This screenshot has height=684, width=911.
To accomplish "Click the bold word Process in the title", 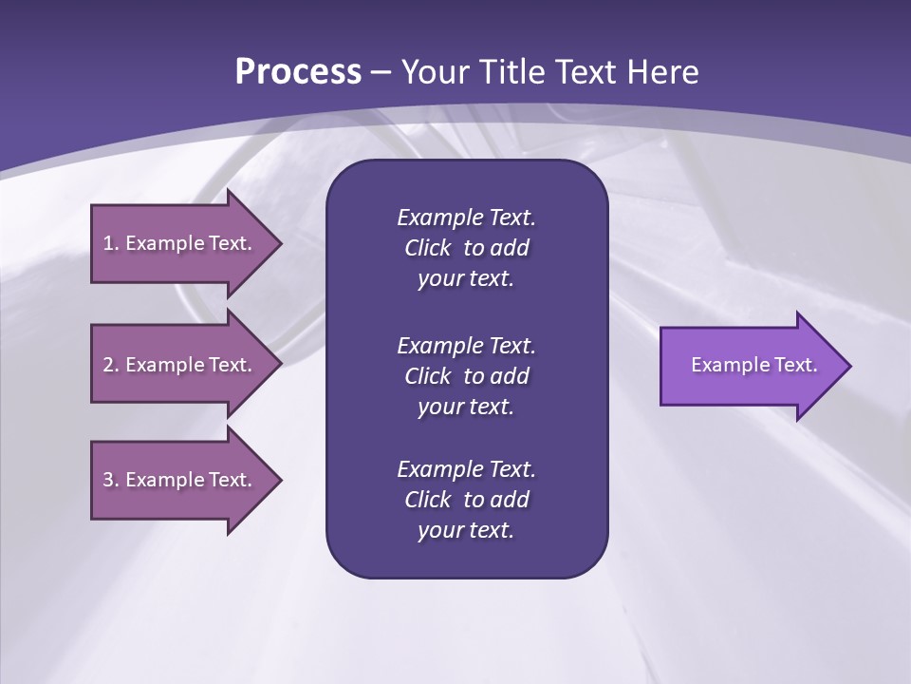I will pyautogui.click(x=298, y=72).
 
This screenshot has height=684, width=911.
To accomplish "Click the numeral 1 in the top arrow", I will pyautogui.click(x=108, y=243).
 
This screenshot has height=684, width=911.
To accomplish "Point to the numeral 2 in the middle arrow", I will pyautogui.click(x=108, y=365).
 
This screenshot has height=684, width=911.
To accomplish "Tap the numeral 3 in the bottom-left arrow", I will pyautogui.click(x=108, y=480).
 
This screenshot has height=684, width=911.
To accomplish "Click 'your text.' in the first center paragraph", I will pyautogui.click(x=466, y=279).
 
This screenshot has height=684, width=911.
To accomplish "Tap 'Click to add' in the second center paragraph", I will pyautogui.click(x=466, y=376).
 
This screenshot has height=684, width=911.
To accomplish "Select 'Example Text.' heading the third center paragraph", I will pyautogui.click(x=466, y=469).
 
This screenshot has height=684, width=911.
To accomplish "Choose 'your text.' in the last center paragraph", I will pyautogui.click(x=466, y=531).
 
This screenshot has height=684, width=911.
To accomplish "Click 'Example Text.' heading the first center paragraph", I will pyautogui.click(x=466, y=218).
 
